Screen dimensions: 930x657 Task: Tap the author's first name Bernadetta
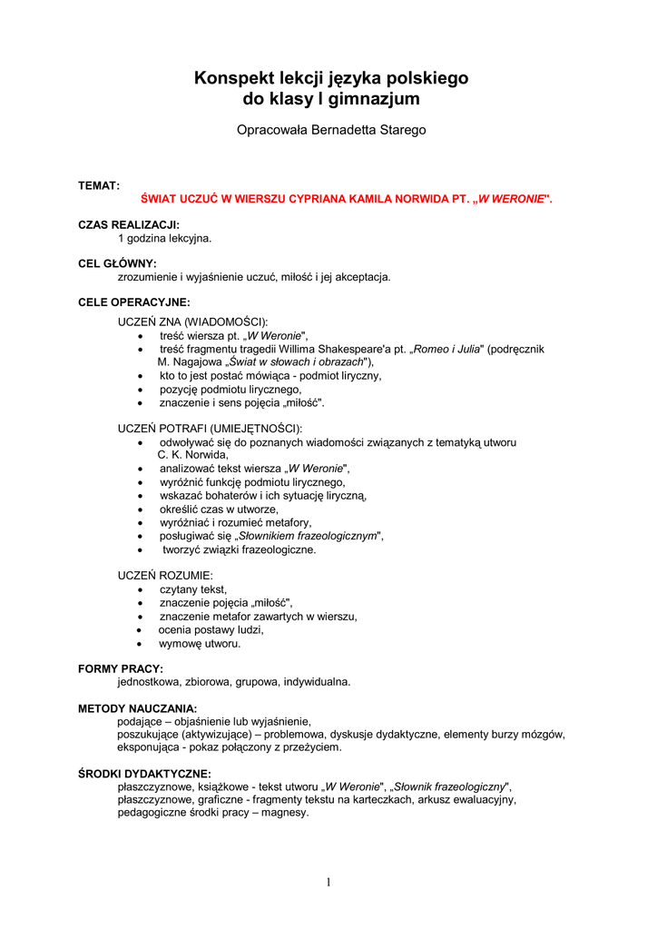pos(345,130)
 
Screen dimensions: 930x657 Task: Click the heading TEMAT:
pos(99,185)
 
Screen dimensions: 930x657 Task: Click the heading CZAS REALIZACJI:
pos(129,224)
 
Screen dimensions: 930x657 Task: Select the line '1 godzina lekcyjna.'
pos(164,238)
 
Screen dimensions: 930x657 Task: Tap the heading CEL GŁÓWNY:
pos(118,263)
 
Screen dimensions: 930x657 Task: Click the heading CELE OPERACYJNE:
pos(134,302)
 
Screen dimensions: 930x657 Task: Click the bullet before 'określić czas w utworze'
pos(139,510)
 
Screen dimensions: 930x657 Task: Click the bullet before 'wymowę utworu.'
pos(139,644)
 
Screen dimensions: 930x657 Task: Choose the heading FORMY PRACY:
pos(121,668)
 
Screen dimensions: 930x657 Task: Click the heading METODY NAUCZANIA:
pos(137,707)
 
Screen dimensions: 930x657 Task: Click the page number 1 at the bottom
pos(328,882)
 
